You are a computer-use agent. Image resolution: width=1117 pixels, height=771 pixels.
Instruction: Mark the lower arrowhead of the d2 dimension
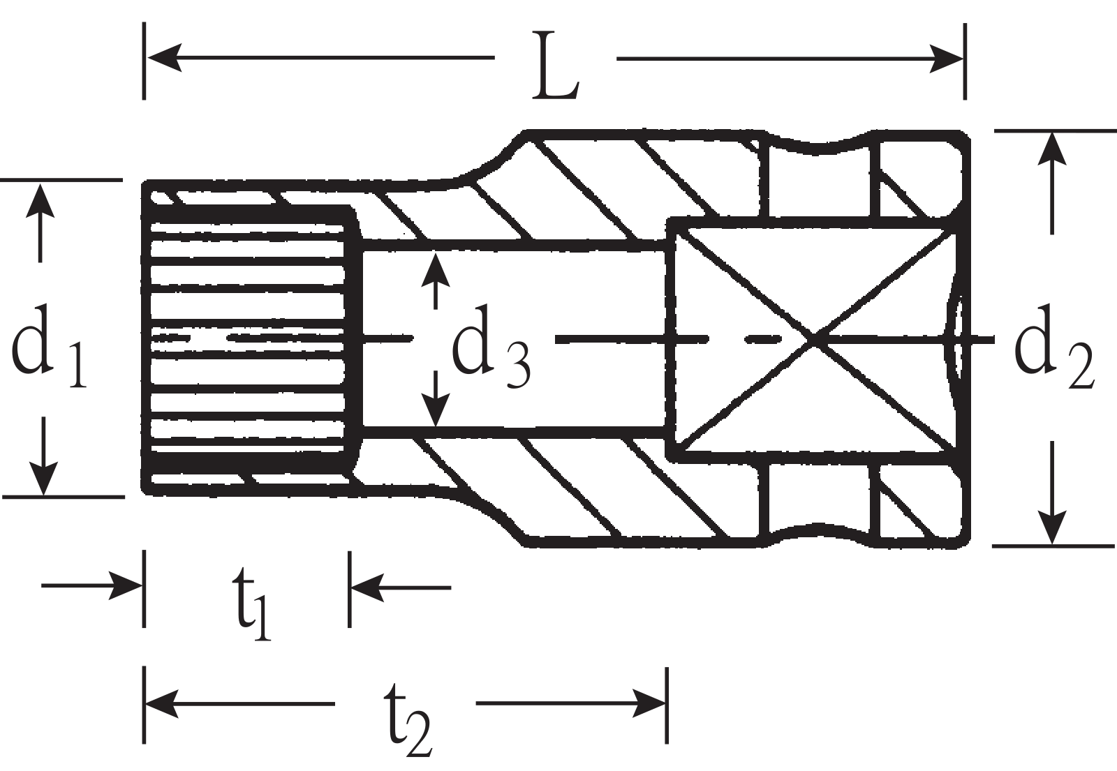[1051, 527]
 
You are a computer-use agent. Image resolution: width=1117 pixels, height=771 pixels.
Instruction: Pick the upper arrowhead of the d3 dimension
[436, 269]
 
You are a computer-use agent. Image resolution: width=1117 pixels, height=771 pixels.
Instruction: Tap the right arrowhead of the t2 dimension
[649, 703]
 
